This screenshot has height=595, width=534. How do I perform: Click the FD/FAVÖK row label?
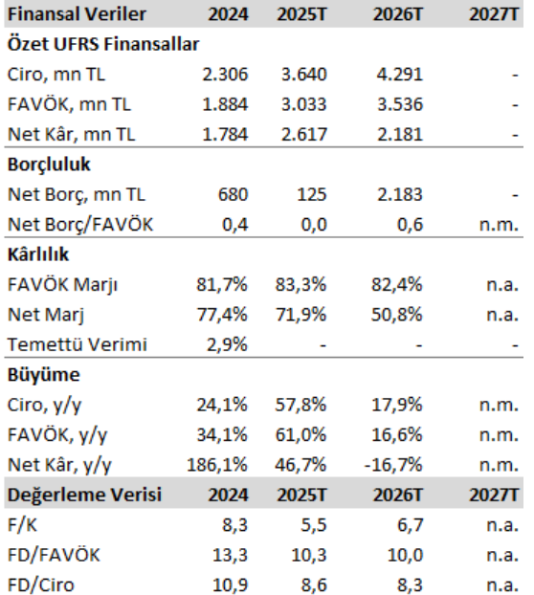(x=53, y=554)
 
